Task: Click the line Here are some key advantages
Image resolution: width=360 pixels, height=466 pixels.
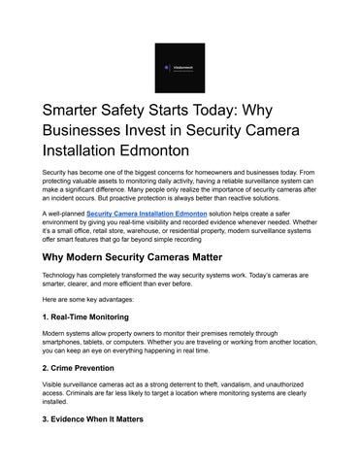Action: [93, 299]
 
